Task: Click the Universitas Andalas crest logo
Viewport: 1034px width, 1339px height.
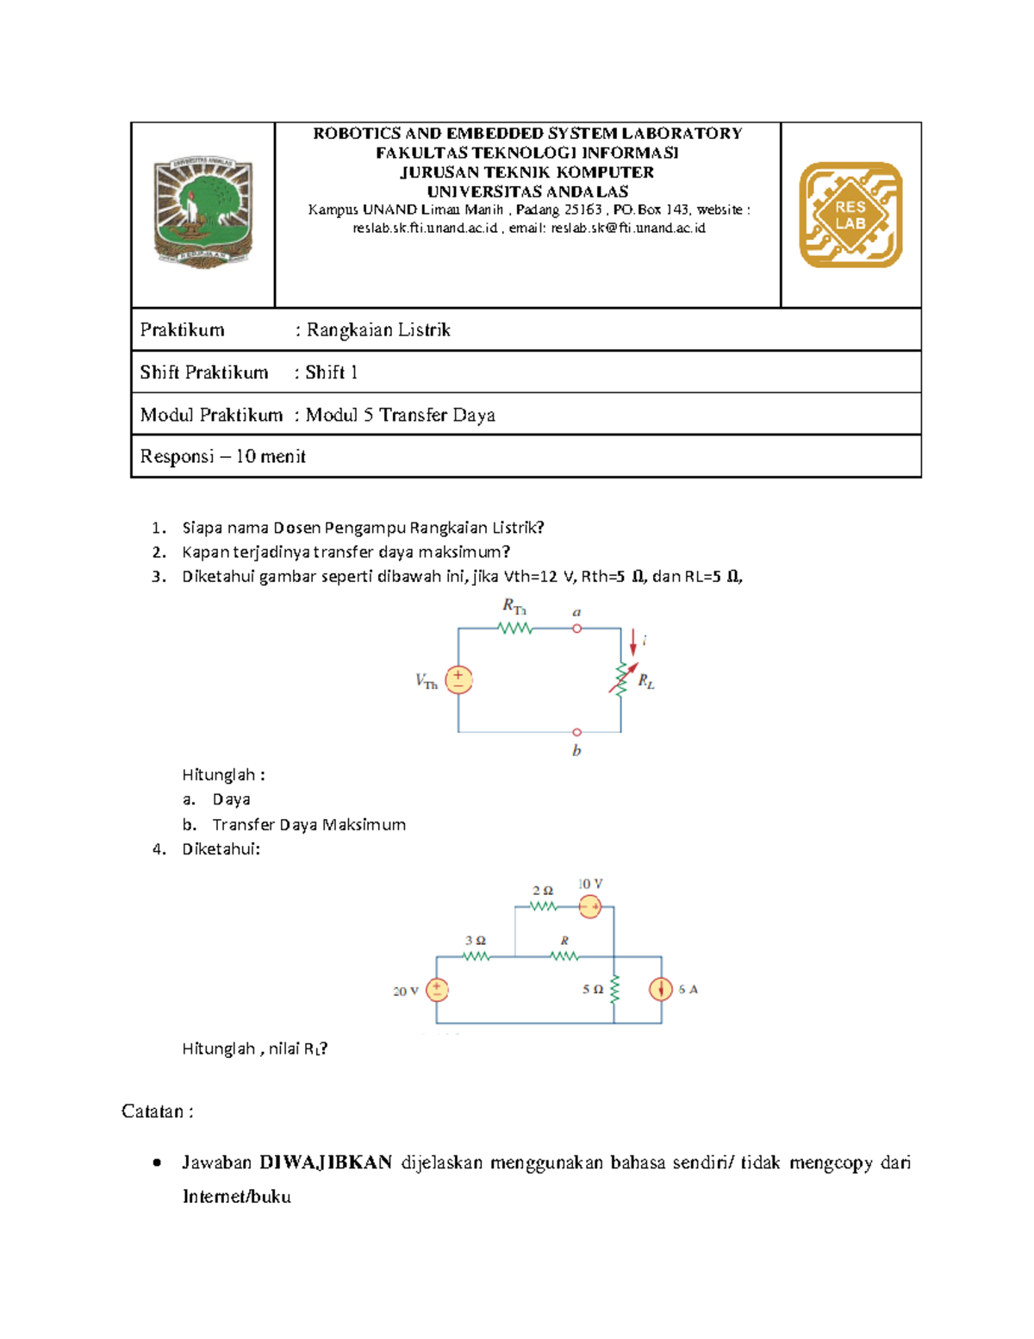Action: click(x=203, y=212)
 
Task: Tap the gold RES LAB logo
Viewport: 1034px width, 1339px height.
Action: click(x=850, y=215)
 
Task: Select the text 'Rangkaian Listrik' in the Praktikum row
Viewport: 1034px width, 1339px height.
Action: click(x=378, y=330)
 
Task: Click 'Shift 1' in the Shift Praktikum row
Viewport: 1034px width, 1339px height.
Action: click(x=331, y=372)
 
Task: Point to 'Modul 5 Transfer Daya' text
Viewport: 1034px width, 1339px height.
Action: click(x=401, y=415)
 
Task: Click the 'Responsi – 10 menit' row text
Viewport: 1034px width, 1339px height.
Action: click(x=222, y=456)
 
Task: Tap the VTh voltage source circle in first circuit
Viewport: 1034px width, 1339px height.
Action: click(x=458, y=679)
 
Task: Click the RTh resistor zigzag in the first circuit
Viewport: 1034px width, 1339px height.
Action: click(x=515, y=629)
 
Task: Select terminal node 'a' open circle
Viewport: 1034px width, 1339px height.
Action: click(x=576, y=629)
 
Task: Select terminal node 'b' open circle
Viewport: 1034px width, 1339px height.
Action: click(x=576, y=732)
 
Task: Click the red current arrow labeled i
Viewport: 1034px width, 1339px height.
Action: click(x=633, y=642)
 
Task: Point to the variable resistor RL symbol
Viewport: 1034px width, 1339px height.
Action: click(x=622, y=679)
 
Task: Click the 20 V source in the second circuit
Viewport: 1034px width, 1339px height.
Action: click(x=437, y=990)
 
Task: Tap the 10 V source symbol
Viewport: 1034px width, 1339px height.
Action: click(x=589, y=906)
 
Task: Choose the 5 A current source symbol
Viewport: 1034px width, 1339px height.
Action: click(x=661, y=989)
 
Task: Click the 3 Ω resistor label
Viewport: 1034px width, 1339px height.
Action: click(x=475, y=941)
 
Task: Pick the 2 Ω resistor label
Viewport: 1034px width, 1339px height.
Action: click(x=542, y=891)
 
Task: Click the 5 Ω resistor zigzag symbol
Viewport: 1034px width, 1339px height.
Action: click(x=614, y=989)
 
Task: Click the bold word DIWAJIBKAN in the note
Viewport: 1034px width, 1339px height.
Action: click(x=326, y=1162)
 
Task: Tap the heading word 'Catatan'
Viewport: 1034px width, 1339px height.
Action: click(x=153, y=1111)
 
